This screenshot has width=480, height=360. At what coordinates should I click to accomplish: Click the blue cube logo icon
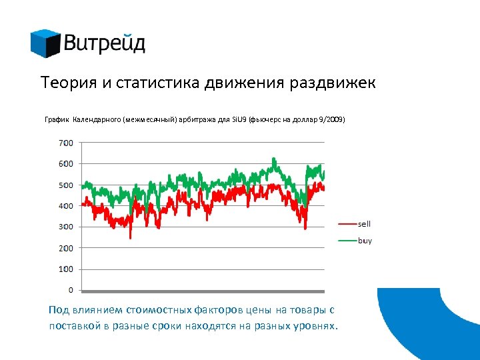tap(45, 43)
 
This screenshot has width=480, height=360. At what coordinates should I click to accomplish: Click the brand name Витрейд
tap(105, 44)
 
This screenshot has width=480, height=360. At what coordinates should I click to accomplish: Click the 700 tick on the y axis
tap(67, 143)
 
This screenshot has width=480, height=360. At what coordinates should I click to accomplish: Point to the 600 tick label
tap(67, 164)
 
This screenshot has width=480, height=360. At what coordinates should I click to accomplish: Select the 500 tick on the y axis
tap(67, 185)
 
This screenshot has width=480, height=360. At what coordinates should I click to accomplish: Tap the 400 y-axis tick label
tap(67, 206)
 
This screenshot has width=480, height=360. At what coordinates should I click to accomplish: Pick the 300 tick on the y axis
tap(67, 227)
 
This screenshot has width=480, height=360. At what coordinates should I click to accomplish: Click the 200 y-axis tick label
tap(67, 248)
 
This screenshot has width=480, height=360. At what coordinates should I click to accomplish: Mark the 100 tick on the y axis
tap(67, 269)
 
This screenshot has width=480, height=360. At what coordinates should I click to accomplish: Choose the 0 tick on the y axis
tap(71, 291)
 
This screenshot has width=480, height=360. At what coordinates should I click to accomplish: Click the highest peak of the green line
tap(274, 159)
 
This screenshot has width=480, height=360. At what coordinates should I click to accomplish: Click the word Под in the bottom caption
tap(57, 310)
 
